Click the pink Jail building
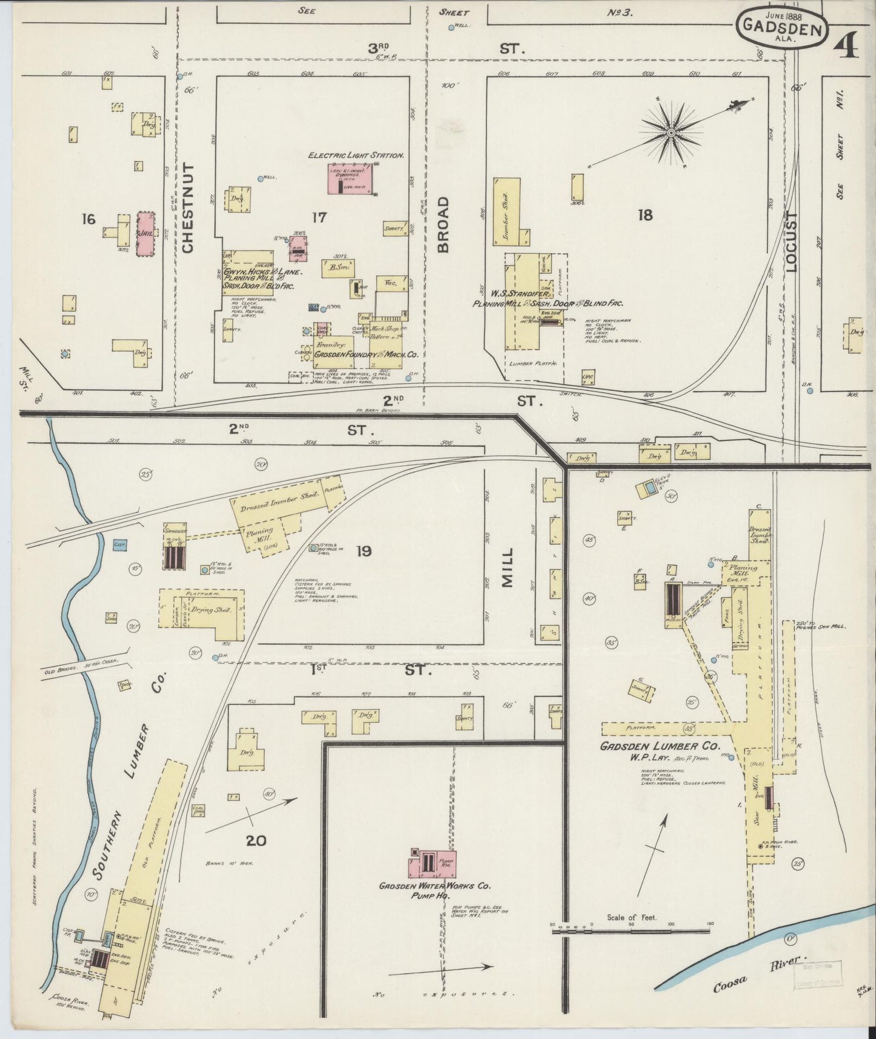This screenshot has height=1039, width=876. click(x=145, y=233)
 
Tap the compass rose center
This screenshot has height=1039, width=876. click(x=672, y=132)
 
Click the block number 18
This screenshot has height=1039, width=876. click(x=645, y=214)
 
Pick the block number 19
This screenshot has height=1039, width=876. click(x=364, y=551)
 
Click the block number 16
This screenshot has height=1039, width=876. click(x=89, y=218)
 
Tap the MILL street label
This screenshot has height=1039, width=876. click(x=507, y=568)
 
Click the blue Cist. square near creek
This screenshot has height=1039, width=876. click(x=119, y=546)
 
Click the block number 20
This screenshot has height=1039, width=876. click(x=256, y=841)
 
